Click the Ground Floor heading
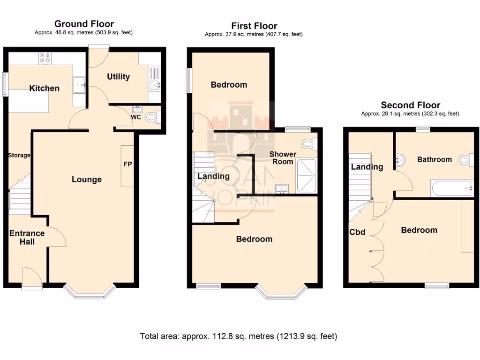[x=84, y=24]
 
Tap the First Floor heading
[x=254, y=26]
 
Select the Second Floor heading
[x=410, y=105]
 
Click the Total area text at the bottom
[x=238, y=336]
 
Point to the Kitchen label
[x=45, y=88]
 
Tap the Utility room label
[x=118, y=76]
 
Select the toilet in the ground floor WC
[x=151, y=117]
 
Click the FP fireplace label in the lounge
[x=127, y=165]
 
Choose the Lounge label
[x=87, y=180]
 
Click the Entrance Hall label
[x=27, y=238]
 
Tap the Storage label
[x=19, y=155]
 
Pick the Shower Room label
[x=283, y=157]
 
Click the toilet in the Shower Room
[x=308, y=143]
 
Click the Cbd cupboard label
[x=357, y=232]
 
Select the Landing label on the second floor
[x=367, y=166]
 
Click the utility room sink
[x=155, y=84]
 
